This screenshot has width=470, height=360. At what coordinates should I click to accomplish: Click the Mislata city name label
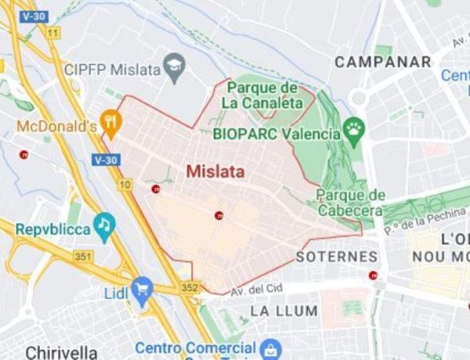pyautogui.click(x=215, y=171)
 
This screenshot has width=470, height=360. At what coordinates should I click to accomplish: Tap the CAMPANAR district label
pyautogui.click(x=383, y=62)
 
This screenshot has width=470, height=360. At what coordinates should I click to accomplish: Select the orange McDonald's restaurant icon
pyautogui.click(x=111, y=122)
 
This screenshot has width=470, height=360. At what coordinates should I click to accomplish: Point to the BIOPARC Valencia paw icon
pyautogui.click(x=354, y=128)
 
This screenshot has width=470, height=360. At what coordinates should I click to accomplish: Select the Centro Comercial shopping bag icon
pyautogui.click(x=270, y=347)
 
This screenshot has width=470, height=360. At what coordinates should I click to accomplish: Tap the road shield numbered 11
pyautogui.click(x=52, y=32)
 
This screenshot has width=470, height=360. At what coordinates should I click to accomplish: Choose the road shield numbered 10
pyautogui.click(x=125, y=185)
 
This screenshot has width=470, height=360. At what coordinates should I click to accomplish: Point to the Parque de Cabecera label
pyautogui.click(x=352, y=202)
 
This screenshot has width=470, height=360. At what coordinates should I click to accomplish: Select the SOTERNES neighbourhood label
pyautogui.click(x=337, y=257)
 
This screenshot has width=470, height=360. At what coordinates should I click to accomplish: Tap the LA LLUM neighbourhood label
pyautogui.click(x=284, y=311)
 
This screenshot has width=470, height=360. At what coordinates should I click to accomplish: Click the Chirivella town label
pyautogui.click(x=62, y=351)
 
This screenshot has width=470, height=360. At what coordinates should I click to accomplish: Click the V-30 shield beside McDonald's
pyautogui.click(x=105, y=160)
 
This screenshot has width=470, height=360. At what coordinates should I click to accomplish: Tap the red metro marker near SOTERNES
pyautogui.click(x=373, y=275)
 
